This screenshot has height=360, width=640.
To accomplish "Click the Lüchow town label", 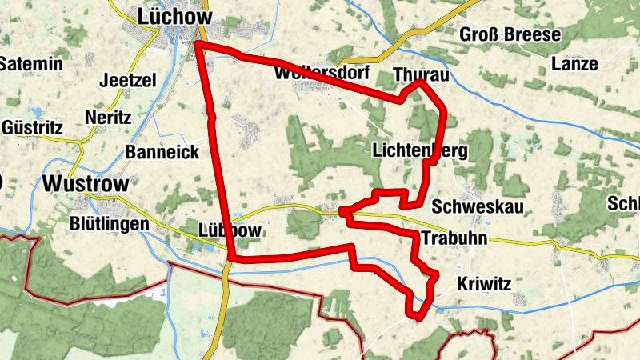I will click(174, 16).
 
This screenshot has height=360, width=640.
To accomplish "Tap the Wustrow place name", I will click(86, 183).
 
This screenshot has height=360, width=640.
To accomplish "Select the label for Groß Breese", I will click(510, 34).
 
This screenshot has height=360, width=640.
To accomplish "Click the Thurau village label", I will click(422, 75).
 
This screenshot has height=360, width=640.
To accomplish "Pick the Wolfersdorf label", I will click(320, 73).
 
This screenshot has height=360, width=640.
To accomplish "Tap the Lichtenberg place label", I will click(420, 150).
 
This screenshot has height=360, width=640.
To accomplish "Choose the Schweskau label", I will click(477, 207).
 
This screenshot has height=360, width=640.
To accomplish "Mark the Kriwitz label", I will click(483, 283).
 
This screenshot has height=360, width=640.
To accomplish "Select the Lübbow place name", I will click(229, 230).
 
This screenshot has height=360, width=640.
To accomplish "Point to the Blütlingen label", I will click(110, 223).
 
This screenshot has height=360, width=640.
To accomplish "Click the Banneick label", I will click(162, 152).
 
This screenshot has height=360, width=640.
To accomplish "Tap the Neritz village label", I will click(107, 117).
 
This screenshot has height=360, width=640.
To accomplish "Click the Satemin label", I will click(31, 64).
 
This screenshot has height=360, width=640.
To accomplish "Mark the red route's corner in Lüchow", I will click(196, 44).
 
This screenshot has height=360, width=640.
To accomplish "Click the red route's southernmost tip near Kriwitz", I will click(418, 318).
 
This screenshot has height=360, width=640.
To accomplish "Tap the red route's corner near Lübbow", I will click(231, 258).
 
